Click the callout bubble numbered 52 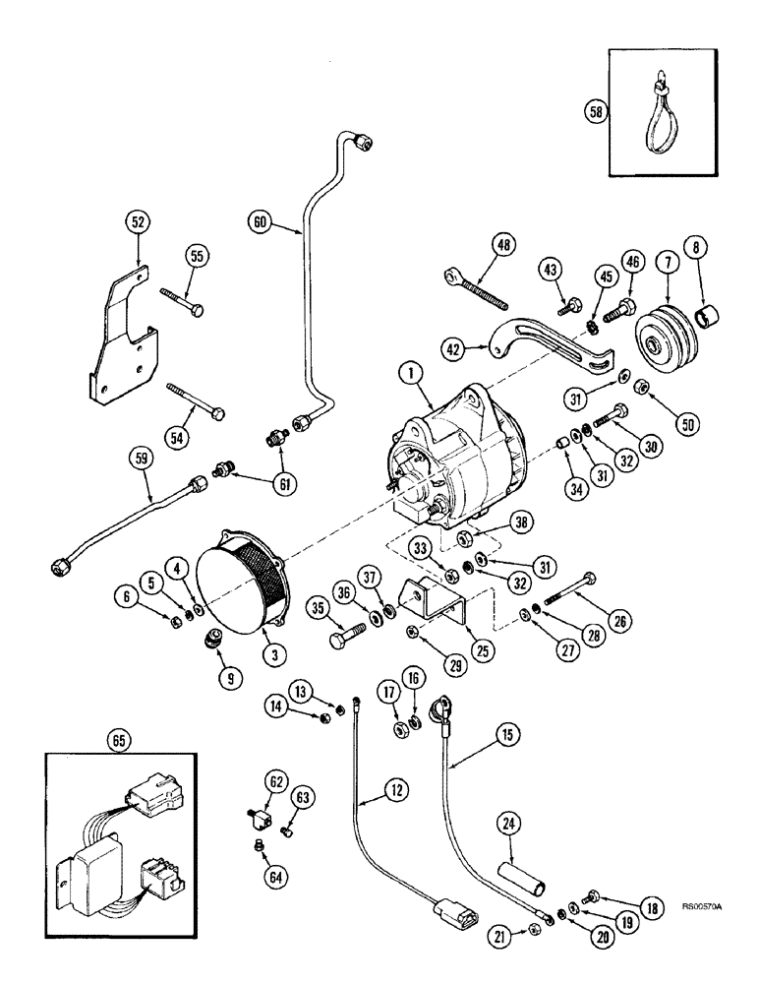point(136,223)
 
